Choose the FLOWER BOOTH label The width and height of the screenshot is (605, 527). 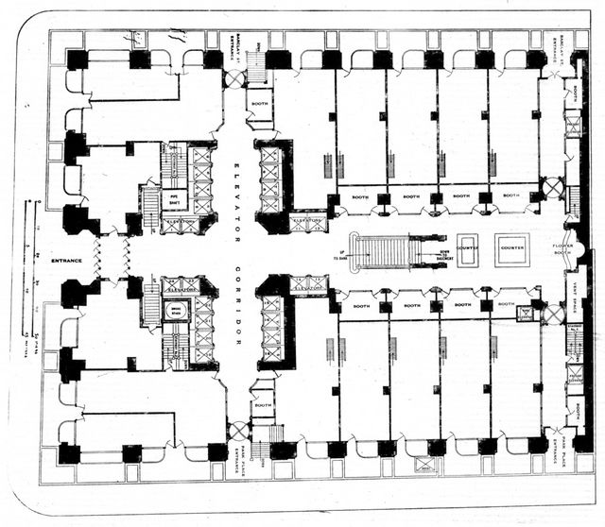pos(563,249)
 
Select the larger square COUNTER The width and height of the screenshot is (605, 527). pos(513,248)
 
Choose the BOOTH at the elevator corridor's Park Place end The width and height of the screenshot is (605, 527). pos(264,405)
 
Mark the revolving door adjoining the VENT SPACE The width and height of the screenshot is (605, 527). pos(553,313)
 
